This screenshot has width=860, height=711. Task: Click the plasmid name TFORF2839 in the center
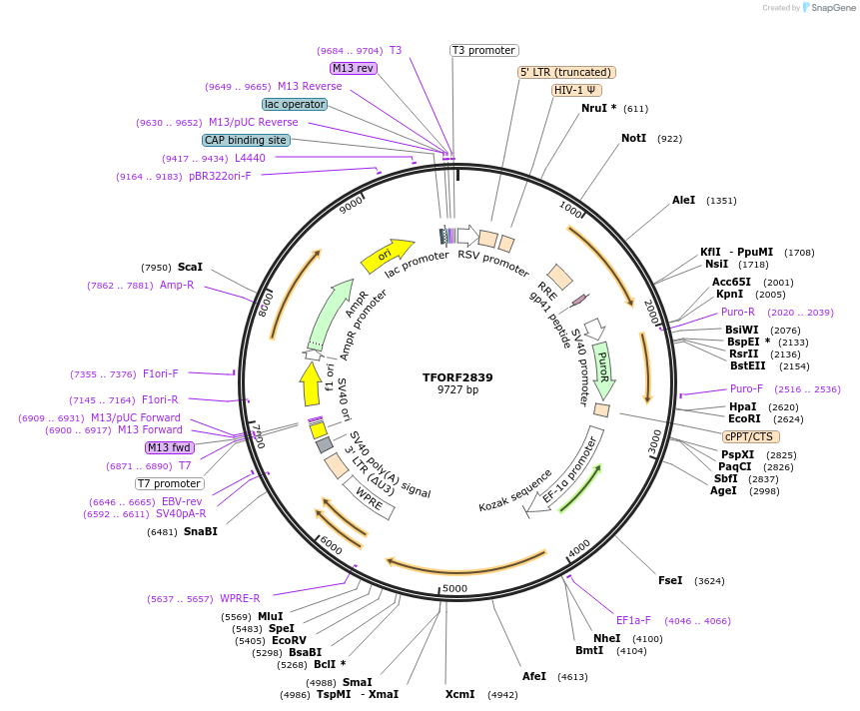point(457,377)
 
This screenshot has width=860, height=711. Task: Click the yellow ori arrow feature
point(386,256)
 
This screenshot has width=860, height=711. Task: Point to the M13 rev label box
point(353,68)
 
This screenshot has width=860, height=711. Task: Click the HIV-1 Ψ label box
point(576,90)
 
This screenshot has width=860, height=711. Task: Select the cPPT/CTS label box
point(750,436)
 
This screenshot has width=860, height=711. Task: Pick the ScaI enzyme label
point(190,267)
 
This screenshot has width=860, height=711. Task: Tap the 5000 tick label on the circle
point(454,588)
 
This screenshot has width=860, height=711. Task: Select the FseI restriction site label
point(670,580)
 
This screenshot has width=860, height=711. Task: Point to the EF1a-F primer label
point(633,620)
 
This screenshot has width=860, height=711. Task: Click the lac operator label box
point(295,104)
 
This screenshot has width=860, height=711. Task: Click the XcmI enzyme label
point(459,694)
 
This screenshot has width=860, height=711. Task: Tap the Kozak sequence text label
point(515,489)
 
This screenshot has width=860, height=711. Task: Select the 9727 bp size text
point(457,390)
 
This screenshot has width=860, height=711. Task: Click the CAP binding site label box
point(247,140)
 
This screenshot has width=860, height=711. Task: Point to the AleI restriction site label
point(683,200)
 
